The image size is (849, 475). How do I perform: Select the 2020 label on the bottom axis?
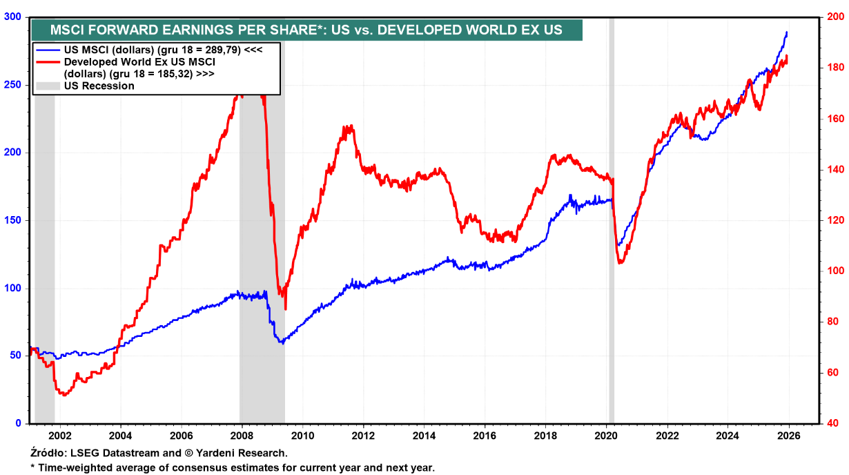605,436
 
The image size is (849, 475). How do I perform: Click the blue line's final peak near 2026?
787,32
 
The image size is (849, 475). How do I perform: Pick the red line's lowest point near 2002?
65,396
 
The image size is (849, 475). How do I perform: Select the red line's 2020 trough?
620,263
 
